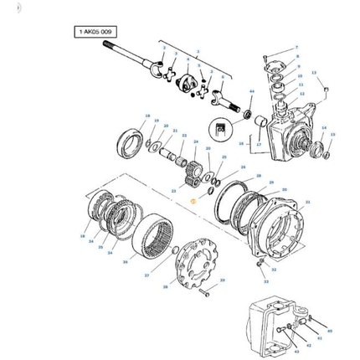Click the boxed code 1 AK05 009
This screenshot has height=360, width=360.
pos(95,32)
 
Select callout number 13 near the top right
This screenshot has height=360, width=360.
pos(314,74)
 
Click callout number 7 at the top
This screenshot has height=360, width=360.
pos(285,49)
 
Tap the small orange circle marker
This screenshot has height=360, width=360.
pos(193,201)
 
